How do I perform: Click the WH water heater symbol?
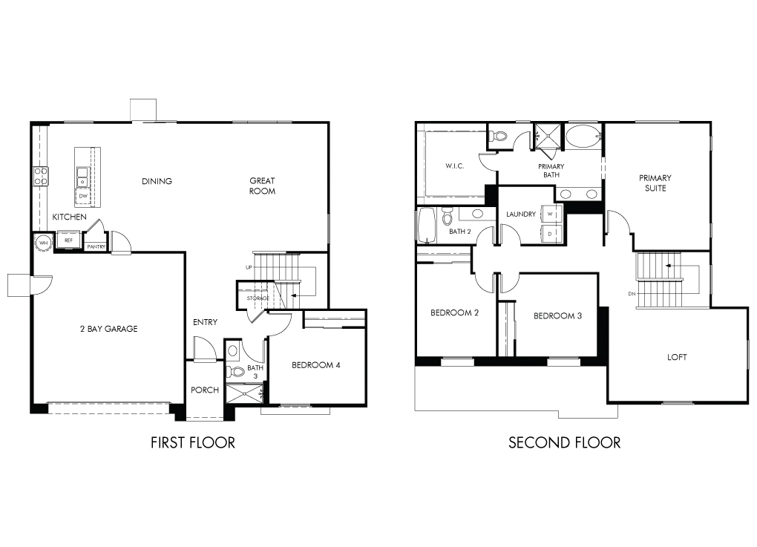coord(44,243)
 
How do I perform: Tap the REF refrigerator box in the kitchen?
coord(68,240)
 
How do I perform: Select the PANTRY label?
coord(96,246)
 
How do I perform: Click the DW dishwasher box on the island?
coord(84,196)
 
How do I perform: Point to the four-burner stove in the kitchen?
coord(41,176)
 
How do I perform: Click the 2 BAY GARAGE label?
coord(108,329)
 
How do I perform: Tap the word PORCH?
coord(205,390)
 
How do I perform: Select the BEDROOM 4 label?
coord(315,365)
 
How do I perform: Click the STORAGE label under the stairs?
coord(258,298)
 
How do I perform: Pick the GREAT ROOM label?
coord(262,186)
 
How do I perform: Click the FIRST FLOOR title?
coord(193,442)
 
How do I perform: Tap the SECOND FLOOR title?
coord(564,442)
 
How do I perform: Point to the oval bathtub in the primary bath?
coord(583,137)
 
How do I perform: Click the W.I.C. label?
coord(455,166)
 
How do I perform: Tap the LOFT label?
coord(677,357)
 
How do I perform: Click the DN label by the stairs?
coord(632,294)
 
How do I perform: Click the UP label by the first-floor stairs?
coord(249,267)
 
